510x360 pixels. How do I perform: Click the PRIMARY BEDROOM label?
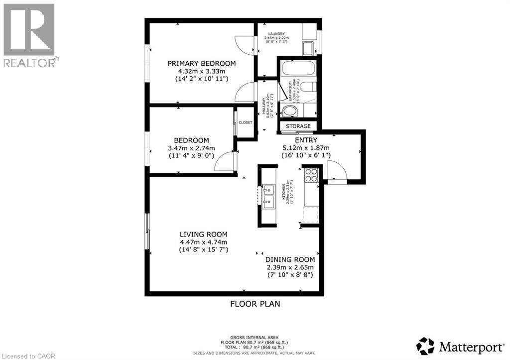201,63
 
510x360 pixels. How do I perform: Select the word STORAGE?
298,126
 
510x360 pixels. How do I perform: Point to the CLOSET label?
246,122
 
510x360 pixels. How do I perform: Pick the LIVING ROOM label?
203,234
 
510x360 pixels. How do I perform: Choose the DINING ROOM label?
290,259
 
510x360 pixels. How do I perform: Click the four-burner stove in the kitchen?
311,175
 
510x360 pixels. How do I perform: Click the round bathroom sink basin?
289,110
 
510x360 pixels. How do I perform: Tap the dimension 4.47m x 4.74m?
203,242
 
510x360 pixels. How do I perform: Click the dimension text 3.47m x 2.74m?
191,148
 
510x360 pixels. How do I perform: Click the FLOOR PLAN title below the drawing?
255,303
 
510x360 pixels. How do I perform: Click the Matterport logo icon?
425,346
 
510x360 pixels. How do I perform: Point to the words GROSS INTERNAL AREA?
255,337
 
